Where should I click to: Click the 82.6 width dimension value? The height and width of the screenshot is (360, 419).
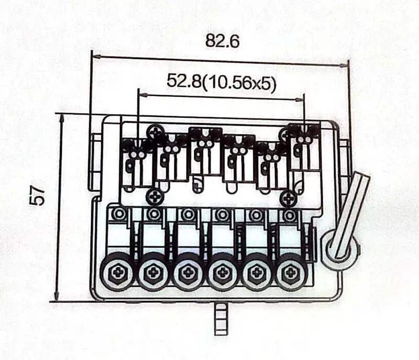222,41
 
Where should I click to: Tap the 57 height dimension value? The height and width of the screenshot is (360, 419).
37,196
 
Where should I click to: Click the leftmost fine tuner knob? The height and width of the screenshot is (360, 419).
117,272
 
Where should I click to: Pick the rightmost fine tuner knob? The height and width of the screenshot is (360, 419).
290,272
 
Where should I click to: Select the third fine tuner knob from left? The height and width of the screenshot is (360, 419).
186,272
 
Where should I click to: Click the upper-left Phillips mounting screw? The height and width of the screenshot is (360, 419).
157,131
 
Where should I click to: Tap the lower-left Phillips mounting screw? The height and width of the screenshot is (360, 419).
155,198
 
